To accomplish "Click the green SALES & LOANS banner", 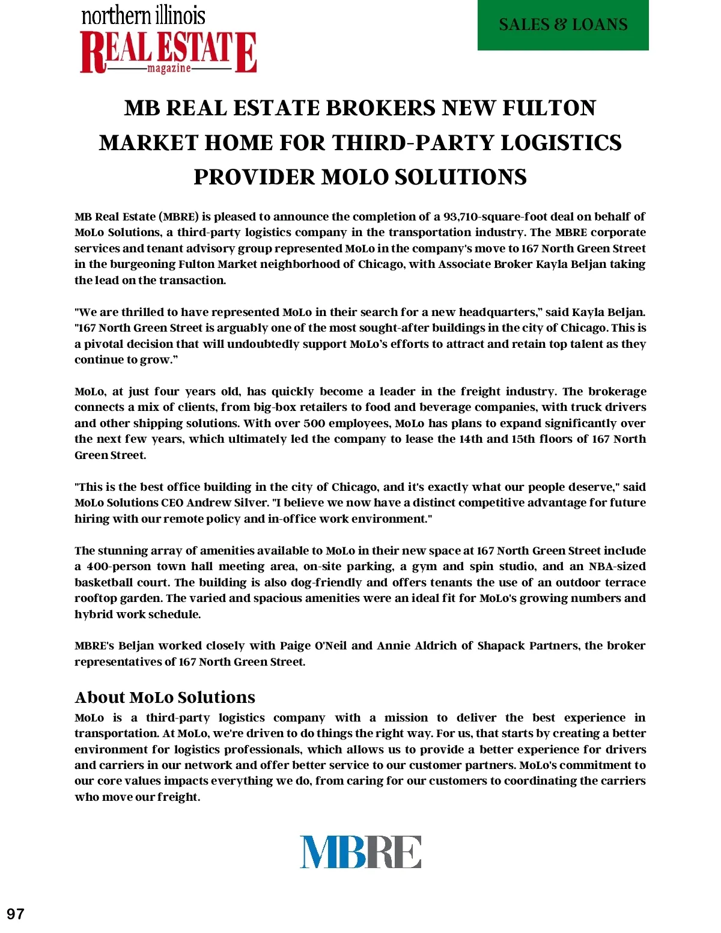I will click(x=563, y=25).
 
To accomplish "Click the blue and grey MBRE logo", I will click(x=360, y=851).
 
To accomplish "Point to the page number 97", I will click(x=16, y=914).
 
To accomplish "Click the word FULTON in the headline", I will click(x=549, y=108).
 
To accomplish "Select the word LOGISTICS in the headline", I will click(x=561, y=143).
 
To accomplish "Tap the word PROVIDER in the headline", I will click(x=253, y=177).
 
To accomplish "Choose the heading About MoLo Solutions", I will click(x=165, y=697).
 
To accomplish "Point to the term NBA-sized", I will click(x=617, y=567).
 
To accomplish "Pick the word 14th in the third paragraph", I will click(x=470, y=439).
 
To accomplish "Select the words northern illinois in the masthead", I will click(x=143, y=16).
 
